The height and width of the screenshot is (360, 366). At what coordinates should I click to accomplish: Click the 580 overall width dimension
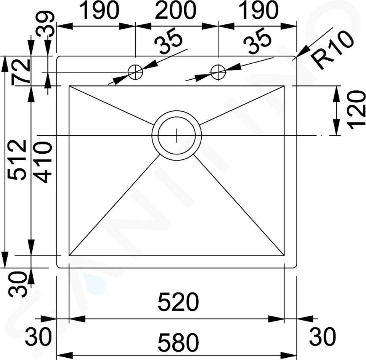(178, 342)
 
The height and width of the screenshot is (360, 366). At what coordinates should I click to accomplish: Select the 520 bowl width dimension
(178, 302)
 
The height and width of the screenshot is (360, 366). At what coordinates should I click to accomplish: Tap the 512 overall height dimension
(16, 160)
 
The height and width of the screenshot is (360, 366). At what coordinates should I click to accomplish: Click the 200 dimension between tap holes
(175, 11)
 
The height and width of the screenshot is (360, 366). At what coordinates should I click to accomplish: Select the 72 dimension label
(21, 71)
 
